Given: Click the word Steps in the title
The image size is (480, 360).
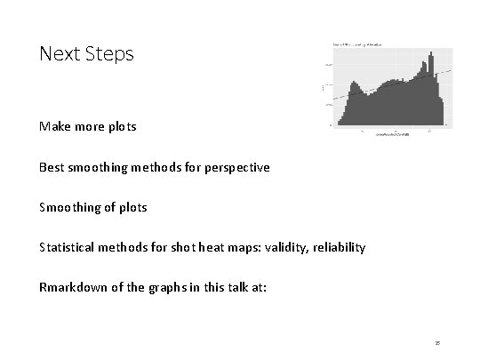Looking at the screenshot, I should [x=110, y=54].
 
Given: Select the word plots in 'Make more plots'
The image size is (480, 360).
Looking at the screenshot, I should [x=121, y=126].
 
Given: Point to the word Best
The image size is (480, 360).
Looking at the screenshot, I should [x=52, y=166].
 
